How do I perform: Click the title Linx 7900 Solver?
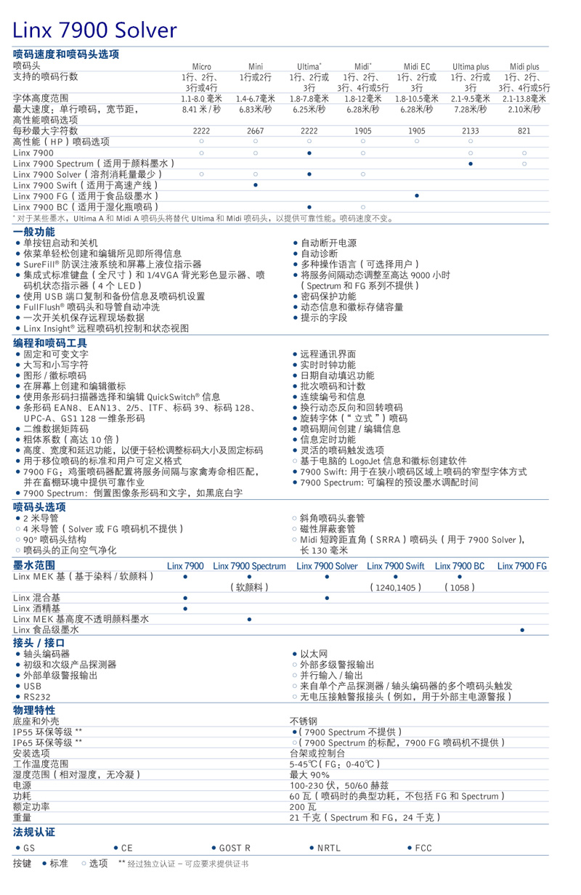95,30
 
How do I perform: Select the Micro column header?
201,66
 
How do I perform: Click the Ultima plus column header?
471,66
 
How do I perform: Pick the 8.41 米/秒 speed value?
201,109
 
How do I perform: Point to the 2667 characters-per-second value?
255,131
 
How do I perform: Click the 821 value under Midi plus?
524,131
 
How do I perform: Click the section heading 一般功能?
34,232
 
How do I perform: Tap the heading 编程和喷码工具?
50,342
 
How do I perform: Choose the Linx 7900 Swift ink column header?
396,566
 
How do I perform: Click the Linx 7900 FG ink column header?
522,566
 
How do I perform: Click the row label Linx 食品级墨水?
46,630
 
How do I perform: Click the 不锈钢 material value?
304,721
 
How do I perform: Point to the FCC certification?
423,848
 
